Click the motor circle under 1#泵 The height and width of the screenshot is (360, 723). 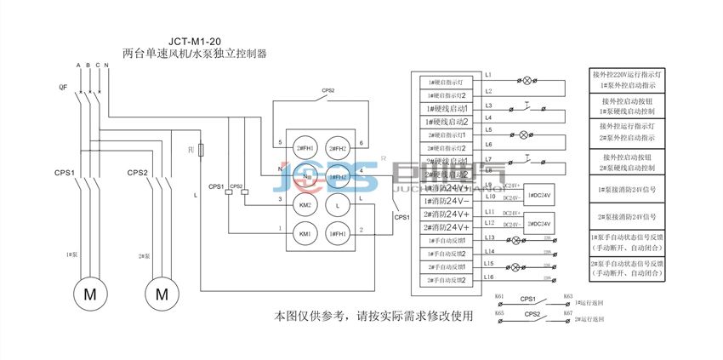coord(89,294)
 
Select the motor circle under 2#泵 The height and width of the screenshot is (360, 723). coord(162,294)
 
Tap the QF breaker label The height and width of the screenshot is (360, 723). coord(63,87)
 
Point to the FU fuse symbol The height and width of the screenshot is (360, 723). coord(201,149)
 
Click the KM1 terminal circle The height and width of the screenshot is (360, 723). coord(304,233)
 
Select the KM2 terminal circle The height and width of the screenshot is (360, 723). coord(304,205)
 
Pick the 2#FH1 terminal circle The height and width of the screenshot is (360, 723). coord(339,149)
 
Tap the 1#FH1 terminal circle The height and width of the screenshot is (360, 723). coord(339,233)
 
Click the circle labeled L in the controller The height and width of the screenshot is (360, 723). coord(339,205)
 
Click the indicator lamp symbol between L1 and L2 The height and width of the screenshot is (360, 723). coord(526,82)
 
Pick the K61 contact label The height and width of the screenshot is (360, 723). coord(499,297)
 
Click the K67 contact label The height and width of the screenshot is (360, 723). coord(567,314)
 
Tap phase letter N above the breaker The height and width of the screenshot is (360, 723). coord(106,66)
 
